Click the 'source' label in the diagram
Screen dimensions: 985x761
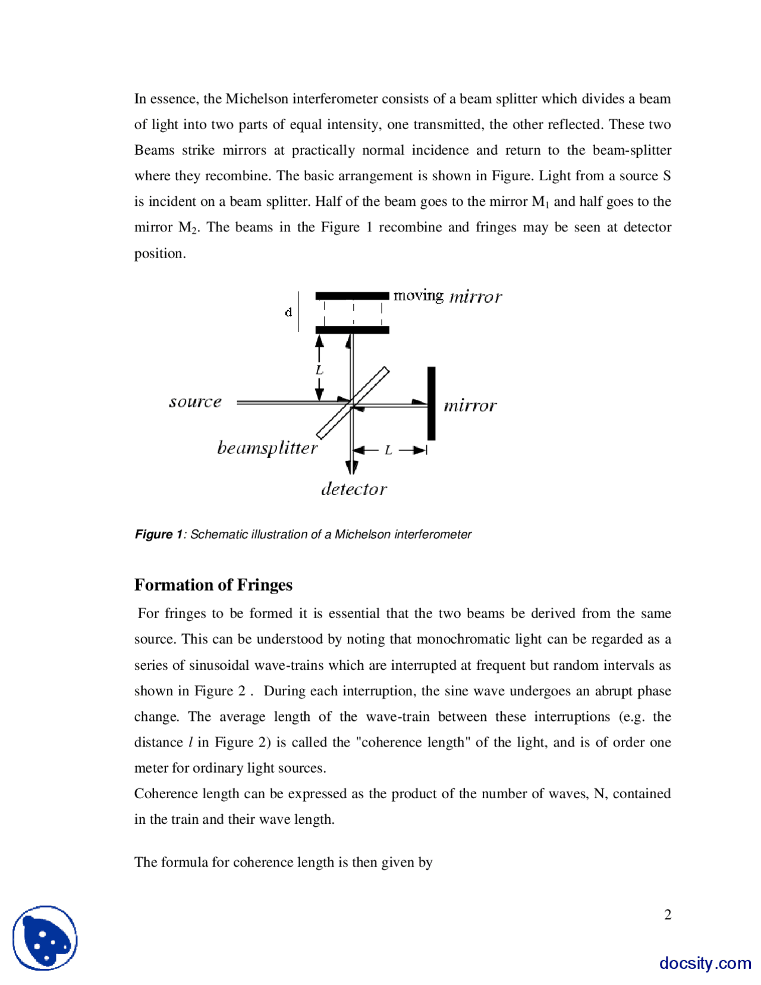click(x=195, y=402)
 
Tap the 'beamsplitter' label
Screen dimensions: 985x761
click(x=267, y=447)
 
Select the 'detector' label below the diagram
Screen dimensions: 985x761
click(x=354, y=489)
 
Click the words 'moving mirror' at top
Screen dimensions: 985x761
click(x=447, y=296)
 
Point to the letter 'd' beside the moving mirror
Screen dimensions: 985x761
click(x=288, y=312)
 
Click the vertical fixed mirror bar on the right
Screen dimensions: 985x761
click(x=431, y=403)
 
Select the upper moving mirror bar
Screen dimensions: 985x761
click(x=352, y=296)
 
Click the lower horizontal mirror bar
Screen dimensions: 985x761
click(x=352, y=330)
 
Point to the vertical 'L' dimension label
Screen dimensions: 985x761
click(x=319, y=370)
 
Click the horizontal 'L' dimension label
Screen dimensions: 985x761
click(x=388, y=450)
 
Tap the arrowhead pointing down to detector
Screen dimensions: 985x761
click(x=352, y=467)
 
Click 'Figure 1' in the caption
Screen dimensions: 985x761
click(x=158, y=534)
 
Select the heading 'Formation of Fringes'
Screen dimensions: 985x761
click(x=213, y=585)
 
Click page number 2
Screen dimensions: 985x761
click(x=668, y=914)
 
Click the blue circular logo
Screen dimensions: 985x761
click(x=45, y=938)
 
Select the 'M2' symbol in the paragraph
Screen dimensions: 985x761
click(x=187, y=228)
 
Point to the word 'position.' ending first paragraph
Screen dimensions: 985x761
click(x=160, y=253)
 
